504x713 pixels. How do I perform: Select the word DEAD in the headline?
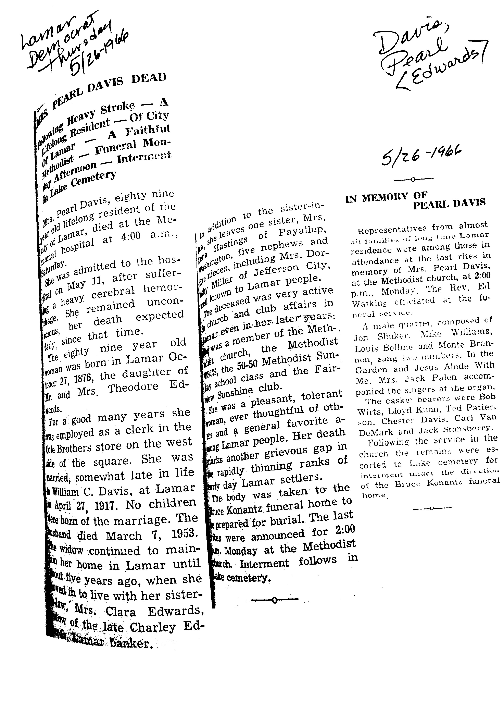[x=149, y=78]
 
